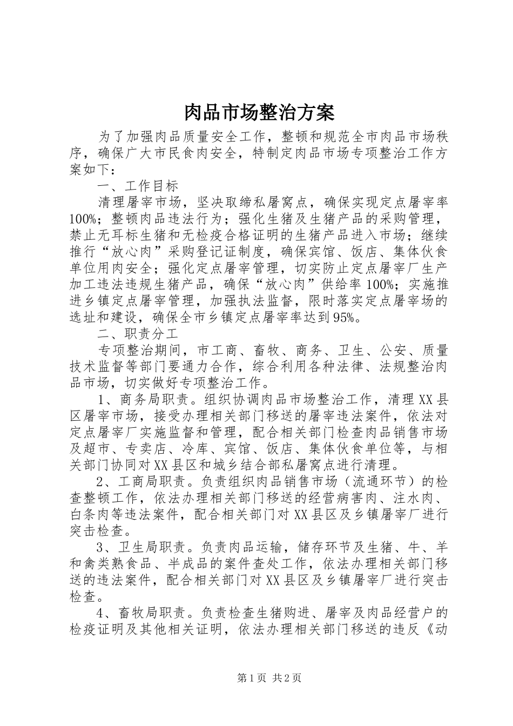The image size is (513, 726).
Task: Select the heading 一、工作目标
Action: coord(137,186)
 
